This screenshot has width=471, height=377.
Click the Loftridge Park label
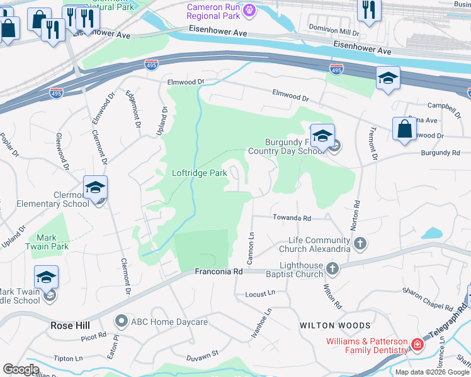[x=200, y=173]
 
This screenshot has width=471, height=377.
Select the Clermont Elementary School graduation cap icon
[x=96, y=187]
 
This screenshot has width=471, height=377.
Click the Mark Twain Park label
[x=47, y=242]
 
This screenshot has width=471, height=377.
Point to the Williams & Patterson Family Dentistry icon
[x=417, y=344]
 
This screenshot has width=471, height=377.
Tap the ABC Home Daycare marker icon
[x=122, y=322]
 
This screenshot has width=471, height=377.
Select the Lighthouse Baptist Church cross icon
[x=333, y=269]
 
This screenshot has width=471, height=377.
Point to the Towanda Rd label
[x=292, y=218]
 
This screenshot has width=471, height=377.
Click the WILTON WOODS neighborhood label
[x=335, y=325]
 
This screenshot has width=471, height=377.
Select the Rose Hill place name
[x=69, y=325]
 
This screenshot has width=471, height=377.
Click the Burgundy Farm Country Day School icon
[x=322, y=135]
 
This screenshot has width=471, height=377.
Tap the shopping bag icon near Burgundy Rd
[x=404, y=128]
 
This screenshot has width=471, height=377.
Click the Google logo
[x=21, y=369]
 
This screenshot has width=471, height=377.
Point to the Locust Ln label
[x=260, y=293]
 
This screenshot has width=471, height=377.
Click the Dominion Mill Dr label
[x=334, y=31]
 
